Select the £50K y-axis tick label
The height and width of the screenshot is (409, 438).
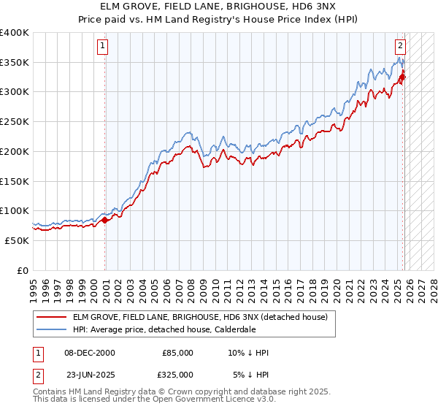pos(17,240)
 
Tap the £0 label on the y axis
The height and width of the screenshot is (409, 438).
pos(23,270)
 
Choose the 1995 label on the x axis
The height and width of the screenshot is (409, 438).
pos(34,289)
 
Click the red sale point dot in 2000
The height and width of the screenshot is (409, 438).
pos(104,219)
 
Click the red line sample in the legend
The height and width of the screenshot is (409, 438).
pos(52,317)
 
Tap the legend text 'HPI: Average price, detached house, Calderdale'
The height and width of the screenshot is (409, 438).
pos(174,329)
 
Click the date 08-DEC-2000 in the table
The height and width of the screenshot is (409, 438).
pos(90,353)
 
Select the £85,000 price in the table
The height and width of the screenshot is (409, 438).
pos(177,353)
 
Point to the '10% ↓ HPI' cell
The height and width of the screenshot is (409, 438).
pos(248,353)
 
